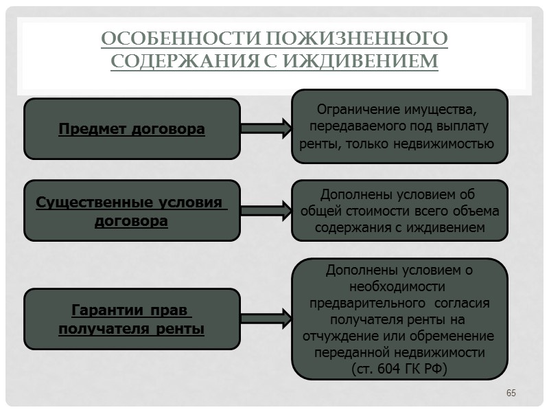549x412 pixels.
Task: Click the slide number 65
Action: (511, 393)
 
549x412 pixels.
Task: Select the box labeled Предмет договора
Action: (132, 128)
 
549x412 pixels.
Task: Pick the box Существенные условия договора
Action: (132, 211)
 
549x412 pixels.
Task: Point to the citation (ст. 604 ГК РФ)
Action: (399, 369)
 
